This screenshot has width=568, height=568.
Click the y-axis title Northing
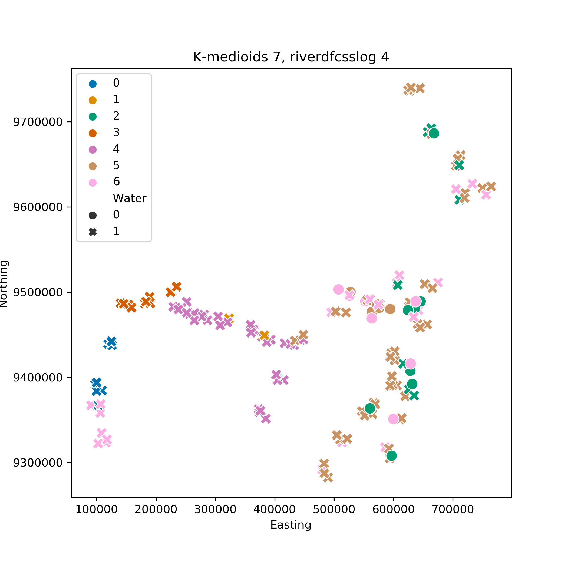coord(4,284)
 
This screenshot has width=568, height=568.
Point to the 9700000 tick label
coord(38,122)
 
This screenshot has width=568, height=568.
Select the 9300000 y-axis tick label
coord(38,463)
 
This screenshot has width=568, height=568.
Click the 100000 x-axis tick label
coord(97,509)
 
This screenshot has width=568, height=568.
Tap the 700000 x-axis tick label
coord(453,509)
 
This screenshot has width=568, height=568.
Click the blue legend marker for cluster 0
coord(93,84)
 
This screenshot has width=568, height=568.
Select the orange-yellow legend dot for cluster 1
coord(93,100)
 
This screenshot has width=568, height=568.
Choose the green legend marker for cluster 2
coord(93,117)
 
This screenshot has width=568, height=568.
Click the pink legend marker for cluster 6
coord(93,183)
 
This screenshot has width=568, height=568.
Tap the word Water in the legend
coord(130,199)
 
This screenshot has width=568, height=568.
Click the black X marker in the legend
coord(93,232)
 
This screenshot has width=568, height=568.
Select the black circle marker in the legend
coord(93,216)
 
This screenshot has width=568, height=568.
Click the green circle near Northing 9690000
coord(434,133)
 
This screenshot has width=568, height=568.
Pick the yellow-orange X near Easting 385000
coord(264,335)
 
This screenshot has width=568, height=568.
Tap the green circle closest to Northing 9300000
coord(392,456)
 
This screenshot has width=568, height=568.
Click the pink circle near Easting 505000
coord(338,289)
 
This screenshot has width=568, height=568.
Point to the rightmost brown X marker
coord(491,186)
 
